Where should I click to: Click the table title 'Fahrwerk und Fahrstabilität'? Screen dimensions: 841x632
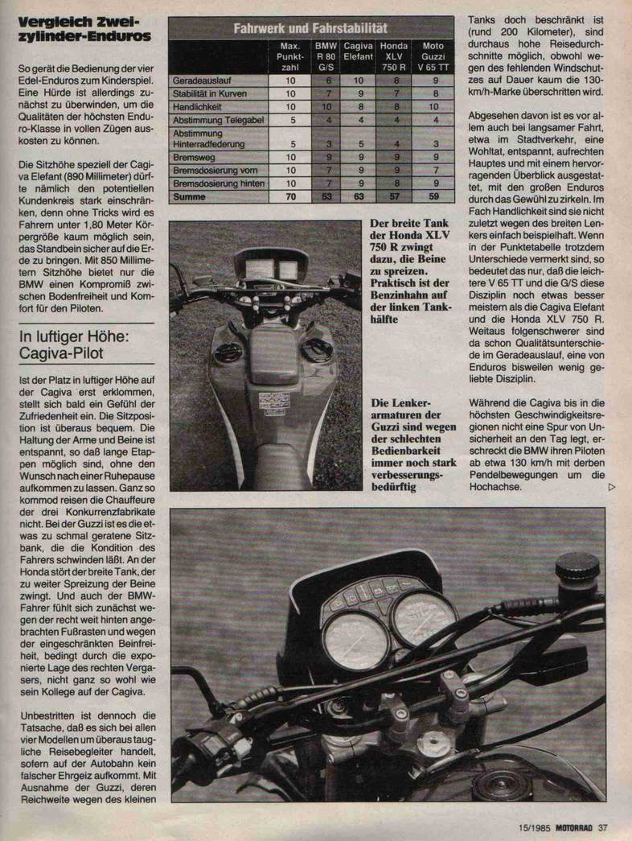310,27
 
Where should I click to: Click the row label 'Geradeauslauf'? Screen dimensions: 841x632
200,80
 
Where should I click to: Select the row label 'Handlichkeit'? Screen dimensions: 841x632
197,106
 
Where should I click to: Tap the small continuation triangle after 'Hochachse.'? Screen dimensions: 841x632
613,487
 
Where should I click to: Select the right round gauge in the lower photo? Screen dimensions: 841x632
425,617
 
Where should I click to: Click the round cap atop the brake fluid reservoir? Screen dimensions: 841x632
577,566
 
